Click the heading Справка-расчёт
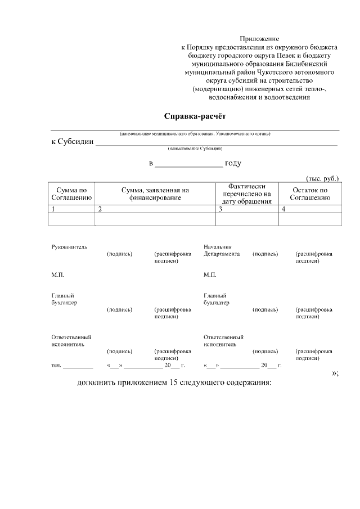tap(194, 117)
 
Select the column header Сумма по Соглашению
tap(71, 194)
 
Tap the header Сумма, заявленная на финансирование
tap(155, 194)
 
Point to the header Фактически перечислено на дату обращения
tap(247, 194)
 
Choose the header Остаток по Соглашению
tap(309, 194)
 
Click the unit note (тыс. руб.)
tap(322, 178)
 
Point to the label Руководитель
tap(69, 247)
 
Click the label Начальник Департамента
tap(222, 250)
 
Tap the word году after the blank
tap(233, 164)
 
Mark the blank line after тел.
tap(78, 366)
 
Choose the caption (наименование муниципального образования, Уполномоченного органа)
tap(195, 134)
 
